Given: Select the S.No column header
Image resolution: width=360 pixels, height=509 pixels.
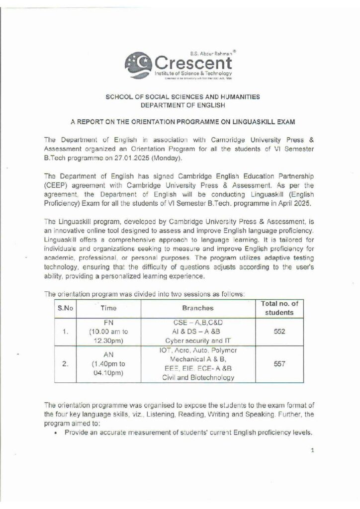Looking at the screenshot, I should tap(65, 308).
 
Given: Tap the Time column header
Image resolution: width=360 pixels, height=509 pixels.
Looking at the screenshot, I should tap(108, 308).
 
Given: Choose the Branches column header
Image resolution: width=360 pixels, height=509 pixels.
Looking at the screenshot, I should tap(198, 308).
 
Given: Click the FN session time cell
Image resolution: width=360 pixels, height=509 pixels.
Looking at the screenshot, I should tap(108, 332).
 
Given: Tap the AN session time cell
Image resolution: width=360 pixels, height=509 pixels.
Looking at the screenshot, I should tap(108, 364).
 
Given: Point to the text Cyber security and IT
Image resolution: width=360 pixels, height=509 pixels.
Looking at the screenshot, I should tap(198, 341).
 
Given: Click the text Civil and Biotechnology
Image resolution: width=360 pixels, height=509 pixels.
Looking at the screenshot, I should tap(198, 378).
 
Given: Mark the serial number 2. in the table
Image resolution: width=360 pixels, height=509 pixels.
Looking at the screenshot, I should tap(65, 364).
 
